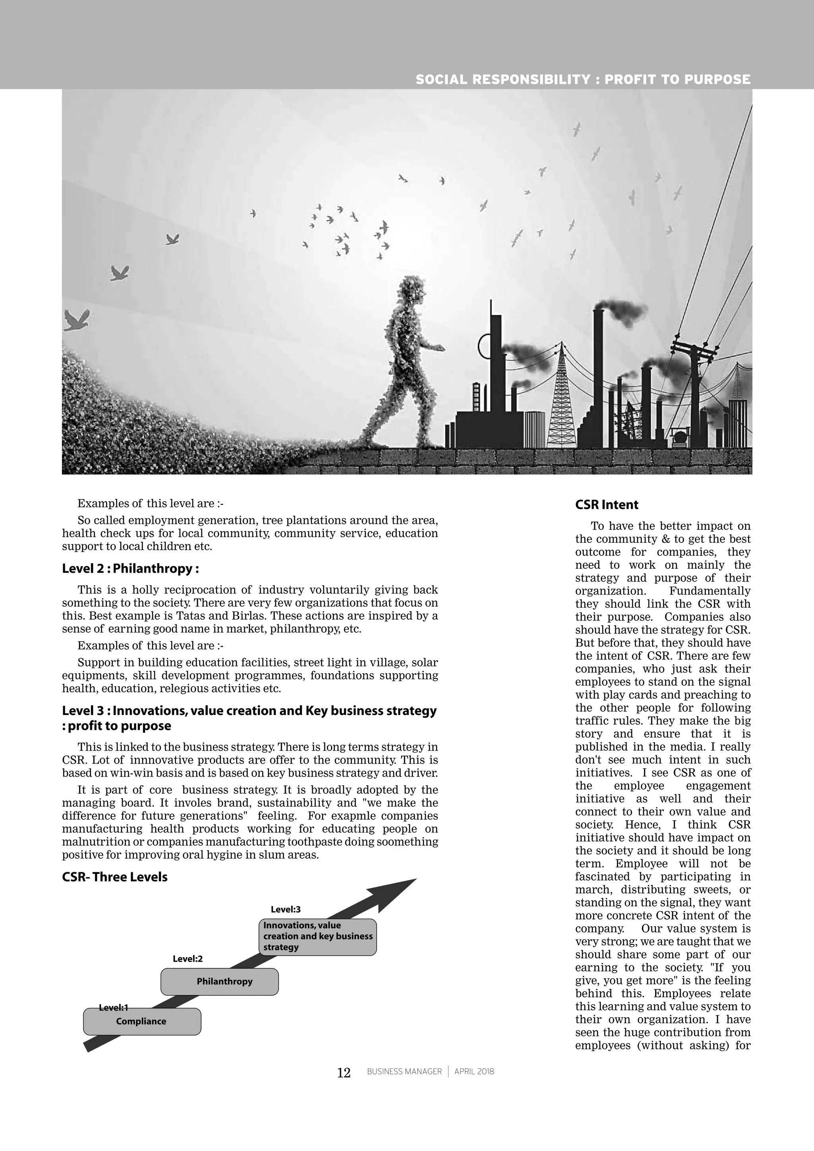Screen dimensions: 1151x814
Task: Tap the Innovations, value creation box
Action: pos(318,937)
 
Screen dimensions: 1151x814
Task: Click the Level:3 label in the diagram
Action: pos(285,910)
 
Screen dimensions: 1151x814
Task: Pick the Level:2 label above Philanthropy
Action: pos(188,959)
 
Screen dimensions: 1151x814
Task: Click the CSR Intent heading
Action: pos(607,505)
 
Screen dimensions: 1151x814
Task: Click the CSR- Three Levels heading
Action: pos(115,877)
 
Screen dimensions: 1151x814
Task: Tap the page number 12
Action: pos(343,1073)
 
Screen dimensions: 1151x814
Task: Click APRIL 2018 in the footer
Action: pos(474,1072)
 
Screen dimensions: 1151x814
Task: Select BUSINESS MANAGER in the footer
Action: pos(404,1072)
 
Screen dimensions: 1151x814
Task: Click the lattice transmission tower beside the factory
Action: pos(561,401)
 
